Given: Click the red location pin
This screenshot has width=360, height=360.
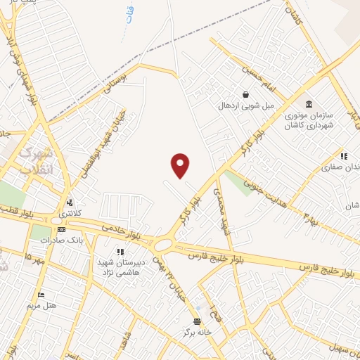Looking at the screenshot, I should [x=181, y=165].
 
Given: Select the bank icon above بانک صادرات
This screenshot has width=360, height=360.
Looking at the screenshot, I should [x=61, y=229].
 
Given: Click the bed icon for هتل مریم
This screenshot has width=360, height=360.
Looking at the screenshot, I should [x=41, y=293].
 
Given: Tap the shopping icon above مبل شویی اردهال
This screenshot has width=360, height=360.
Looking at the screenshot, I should [x=245, y=95].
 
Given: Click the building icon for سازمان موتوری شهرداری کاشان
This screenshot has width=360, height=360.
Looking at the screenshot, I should [x=289, y=104].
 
